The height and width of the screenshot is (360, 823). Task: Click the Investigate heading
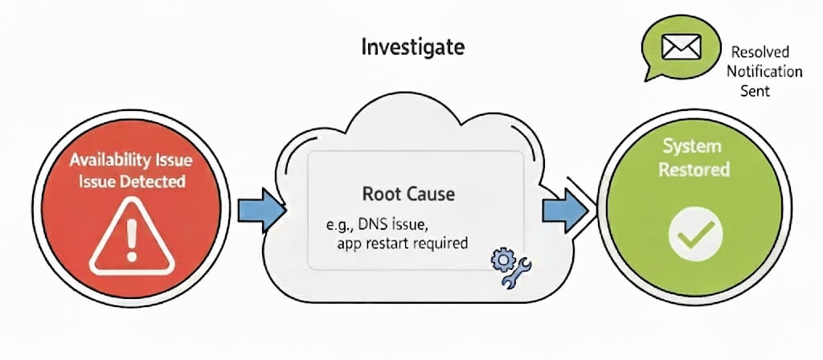(413, 47)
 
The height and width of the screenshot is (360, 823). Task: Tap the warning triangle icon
(130, 235)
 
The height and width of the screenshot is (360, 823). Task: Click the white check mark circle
(696, 235)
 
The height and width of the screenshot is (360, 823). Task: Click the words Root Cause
(409, 195)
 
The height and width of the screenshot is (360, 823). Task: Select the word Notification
(764, 71)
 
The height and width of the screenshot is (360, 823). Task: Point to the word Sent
(755, 91)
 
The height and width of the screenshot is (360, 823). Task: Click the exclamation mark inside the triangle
(130, 239)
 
